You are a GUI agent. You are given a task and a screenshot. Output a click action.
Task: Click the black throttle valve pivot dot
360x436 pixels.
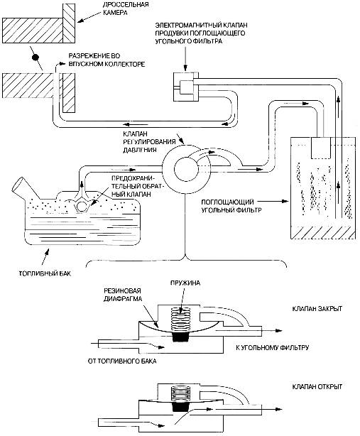[x=36, y=58]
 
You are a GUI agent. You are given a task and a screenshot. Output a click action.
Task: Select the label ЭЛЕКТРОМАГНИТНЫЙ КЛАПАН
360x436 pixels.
[x=201, y=26]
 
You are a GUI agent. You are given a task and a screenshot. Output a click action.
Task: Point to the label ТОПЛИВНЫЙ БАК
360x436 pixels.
[x=45, y=273]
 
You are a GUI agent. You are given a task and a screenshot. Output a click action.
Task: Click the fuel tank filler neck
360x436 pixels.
[x=23, y=187]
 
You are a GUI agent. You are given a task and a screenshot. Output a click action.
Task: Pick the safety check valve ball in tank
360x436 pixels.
[x=82, y=207]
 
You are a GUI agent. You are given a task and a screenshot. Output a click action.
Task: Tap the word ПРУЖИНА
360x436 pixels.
[x=185, y=283]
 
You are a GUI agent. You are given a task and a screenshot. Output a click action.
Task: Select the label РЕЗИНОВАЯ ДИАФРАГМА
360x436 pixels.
[x=123, y=295]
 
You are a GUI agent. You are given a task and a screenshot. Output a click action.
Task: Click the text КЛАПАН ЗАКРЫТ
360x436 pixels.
[x=317, y=309]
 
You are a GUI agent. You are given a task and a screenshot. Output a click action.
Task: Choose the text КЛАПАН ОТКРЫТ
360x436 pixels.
[x=317, y=386]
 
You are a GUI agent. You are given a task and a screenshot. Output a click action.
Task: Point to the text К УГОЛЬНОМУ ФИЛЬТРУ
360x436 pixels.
[x=272, y=347]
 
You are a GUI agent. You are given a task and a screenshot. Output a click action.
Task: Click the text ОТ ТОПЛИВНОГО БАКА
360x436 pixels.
[x=122, y=361]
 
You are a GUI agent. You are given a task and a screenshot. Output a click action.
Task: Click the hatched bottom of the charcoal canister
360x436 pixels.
[x=323, y=232]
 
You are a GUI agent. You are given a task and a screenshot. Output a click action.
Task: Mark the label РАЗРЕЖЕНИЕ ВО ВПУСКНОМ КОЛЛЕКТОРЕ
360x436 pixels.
[x=107, y=60]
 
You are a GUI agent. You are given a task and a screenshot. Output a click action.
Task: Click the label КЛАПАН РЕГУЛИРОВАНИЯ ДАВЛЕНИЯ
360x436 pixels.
[x=149, y=142]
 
